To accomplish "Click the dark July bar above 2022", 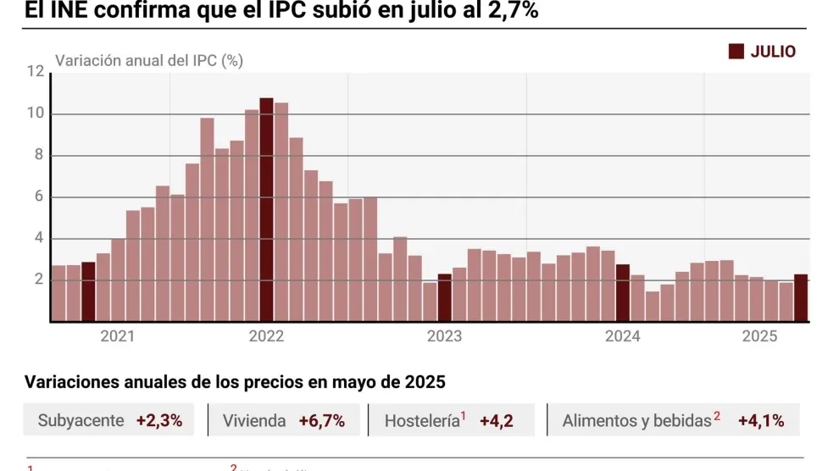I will point(266,210).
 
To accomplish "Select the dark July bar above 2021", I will point(88,291).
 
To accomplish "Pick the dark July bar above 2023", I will point(444,297).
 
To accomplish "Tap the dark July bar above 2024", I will point(622,293).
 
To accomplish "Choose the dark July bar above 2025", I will point(800,297).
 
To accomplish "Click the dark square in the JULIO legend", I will point(736,52).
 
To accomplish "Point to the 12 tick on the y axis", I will point(35,72).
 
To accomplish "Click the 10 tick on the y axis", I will point(35,114).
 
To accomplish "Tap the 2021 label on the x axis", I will point(117,336).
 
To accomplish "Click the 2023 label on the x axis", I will point(444,336).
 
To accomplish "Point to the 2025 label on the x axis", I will point(759,336).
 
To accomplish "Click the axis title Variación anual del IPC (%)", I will point(149,61).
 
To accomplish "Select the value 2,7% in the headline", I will point(512,11).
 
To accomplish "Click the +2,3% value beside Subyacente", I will point(159,420).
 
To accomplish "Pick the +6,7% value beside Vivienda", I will point(321,420).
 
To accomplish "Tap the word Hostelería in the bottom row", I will point(421,420).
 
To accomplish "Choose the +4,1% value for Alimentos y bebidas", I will point(761,420).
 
